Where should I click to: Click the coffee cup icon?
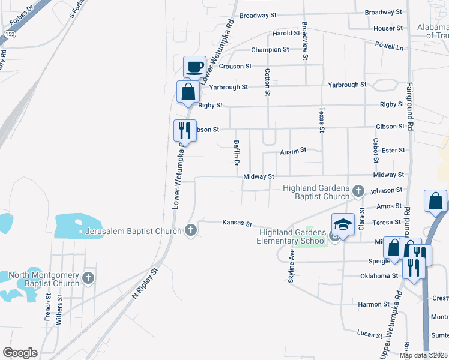(194, 67)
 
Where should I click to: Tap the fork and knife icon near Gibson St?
(184, 130)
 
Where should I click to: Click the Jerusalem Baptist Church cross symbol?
(191, 230)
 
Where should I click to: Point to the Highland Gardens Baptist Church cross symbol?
(358, 191)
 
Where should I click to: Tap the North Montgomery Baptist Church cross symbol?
(88, 278)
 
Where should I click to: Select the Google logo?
(20, 352)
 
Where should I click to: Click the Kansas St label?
(237, 223)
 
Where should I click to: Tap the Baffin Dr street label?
(236, 152)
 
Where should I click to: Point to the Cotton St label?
(267, 81)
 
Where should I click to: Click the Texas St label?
(321, 120)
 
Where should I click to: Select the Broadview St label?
(305, 41)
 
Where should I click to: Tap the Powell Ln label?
(389, 46)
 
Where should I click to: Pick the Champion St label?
(270, 49)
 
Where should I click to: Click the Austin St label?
(293, 150)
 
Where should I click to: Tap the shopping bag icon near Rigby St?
(188, 92)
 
